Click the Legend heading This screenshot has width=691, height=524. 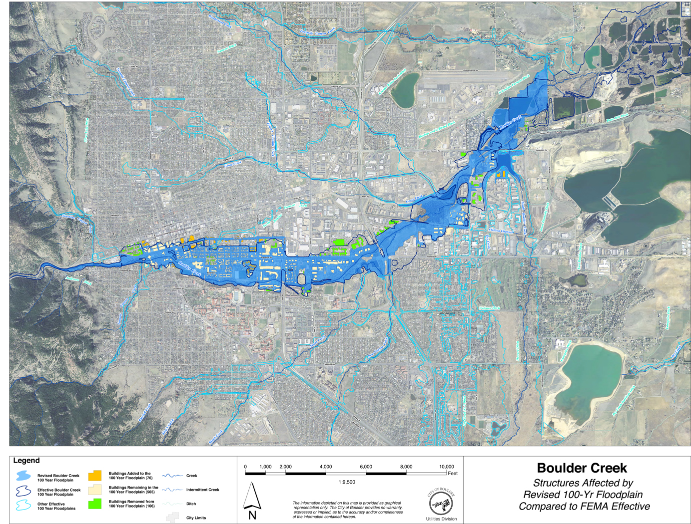(26, 461)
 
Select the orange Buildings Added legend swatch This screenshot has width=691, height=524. (94, 476)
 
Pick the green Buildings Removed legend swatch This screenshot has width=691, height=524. (94, 504)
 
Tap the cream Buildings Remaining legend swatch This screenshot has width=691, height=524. (94, 490)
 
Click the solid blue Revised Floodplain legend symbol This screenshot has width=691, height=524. (23, 477)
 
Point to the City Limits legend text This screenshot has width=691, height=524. (196, 518)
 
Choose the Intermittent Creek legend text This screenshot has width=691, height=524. (202, 490)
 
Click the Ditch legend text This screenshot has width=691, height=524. (191, 504)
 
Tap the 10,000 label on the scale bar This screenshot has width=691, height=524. (446, 467)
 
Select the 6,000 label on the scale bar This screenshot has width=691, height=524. (366, 467)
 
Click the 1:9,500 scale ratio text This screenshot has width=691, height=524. (347, 482)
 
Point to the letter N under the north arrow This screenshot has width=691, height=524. (252, 516)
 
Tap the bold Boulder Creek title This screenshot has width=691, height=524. (582, 468)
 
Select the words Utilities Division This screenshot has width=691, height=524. (441, 519)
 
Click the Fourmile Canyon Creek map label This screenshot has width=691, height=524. (317, 32)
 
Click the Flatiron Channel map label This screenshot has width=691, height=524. (501, 231)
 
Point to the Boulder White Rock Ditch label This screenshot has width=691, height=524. (391, 83)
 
